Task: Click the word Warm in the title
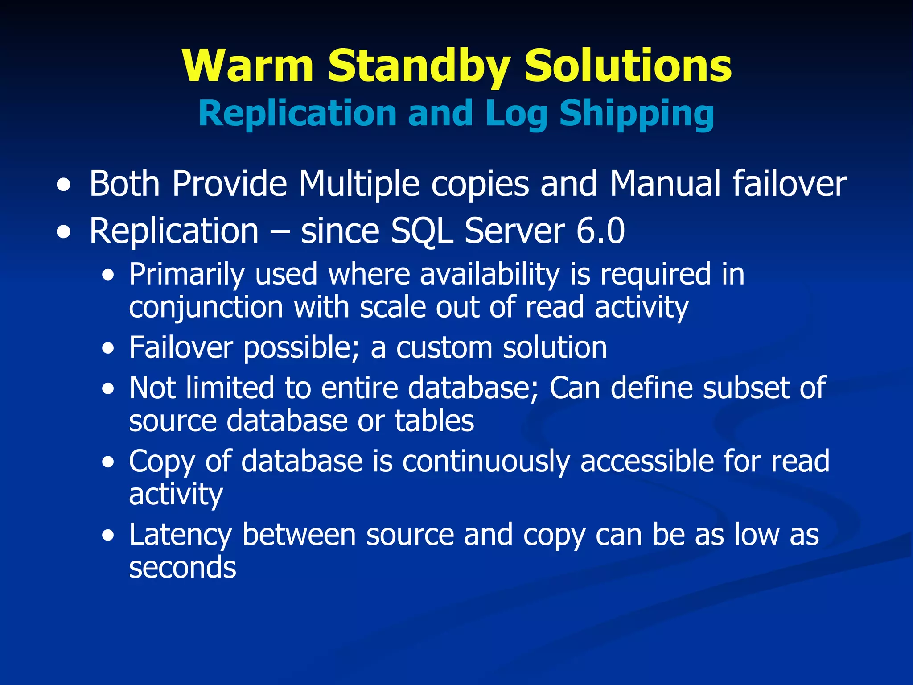(248, 66)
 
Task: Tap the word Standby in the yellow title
(419, 67)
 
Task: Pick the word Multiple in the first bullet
(359, 184)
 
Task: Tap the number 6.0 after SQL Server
(600, 231)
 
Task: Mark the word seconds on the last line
(182, 568)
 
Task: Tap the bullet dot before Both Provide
(64, 185)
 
